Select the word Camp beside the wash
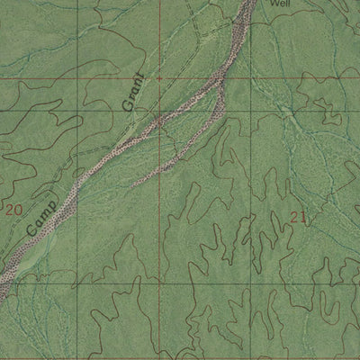coord(42,217)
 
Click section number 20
coord(13,209)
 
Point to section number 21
coord(299,216)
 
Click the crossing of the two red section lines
coord(161,79)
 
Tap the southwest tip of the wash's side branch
coord(133,185)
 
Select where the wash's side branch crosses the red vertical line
coord(161,167)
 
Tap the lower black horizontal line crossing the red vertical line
coord(161,284)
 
